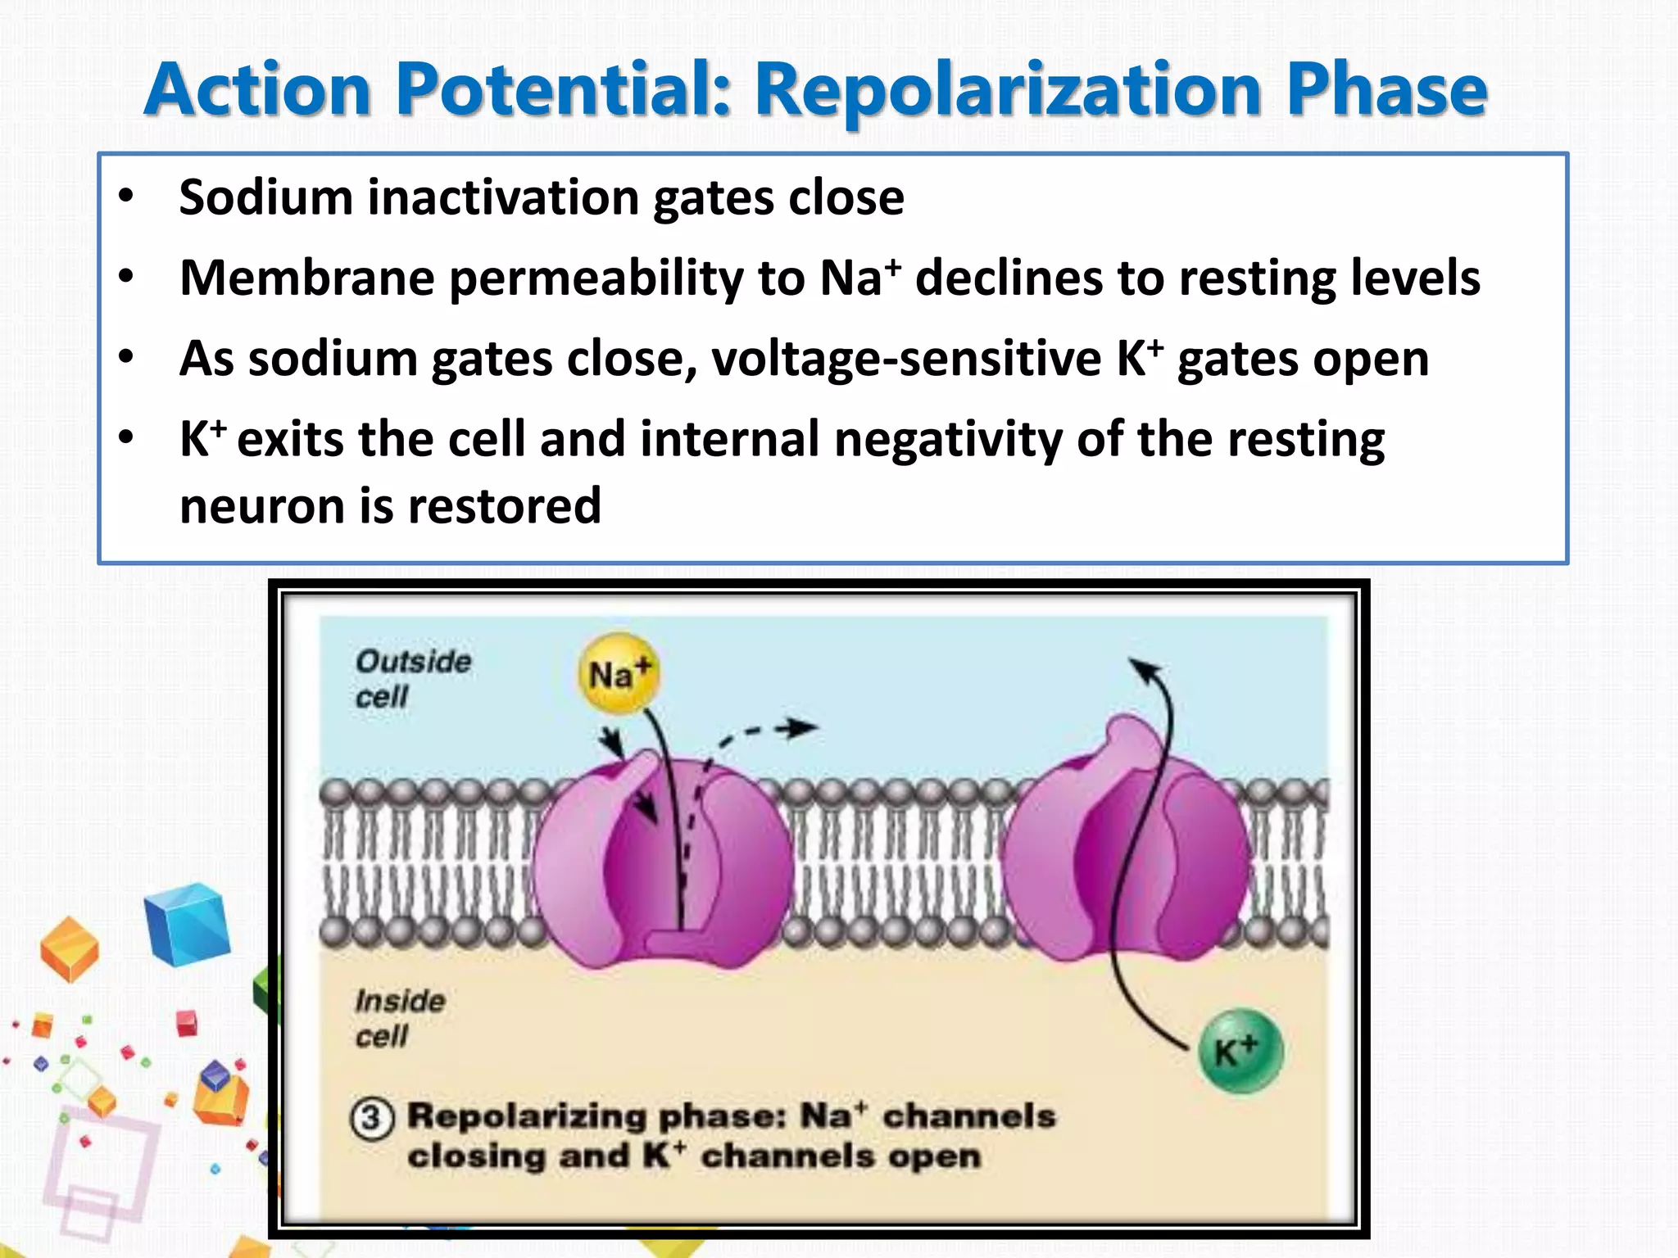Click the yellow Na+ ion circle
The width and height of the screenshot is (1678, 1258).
(x=619, y=674)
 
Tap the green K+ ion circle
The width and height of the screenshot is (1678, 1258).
(x=1240, y=1051)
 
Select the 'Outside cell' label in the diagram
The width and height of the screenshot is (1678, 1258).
(x=412, y=679)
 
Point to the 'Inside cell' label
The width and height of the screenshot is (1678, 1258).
(x=399, y=1018)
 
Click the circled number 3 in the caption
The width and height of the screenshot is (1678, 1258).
(x=372, y=1118)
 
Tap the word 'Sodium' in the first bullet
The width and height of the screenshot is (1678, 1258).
(x=265, y=197)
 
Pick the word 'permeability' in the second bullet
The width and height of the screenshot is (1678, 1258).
(x=596, y=278)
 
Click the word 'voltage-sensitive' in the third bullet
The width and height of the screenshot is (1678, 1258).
(x=906, y=359)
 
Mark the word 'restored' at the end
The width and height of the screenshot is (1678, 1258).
(x=505, y=505)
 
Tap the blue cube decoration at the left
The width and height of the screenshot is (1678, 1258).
(x=188, y=924)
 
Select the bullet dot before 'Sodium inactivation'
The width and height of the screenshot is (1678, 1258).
(x=125, y=197)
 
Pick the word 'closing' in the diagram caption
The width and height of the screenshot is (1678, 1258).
(x=476, y=1156)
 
